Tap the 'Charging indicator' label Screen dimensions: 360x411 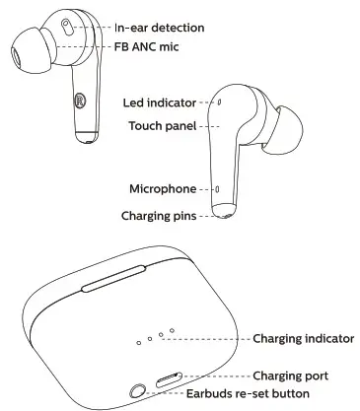click(303, 339)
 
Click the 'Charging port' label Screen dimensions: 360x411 click(291, 376)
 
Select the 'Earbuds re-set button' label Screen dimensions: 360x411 click(248, 393)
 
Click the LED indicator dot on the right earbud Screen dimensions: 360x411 click(219, 102)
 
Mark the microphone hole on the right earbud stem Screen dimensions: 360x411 click(218, 188)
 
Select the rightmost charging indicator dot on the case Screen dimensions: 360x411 click(171, 330)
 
